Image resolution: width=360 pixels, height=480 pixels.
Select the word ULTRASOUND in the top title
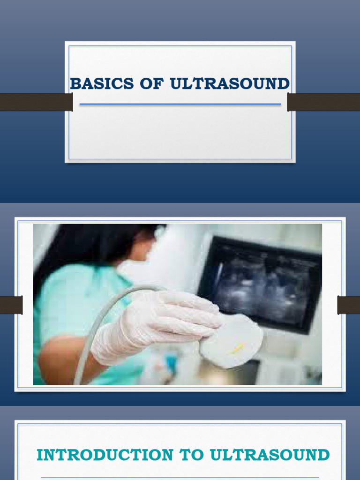pos(230,84)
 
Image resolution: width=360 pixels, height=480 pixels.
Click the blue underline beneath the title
pos(180,104)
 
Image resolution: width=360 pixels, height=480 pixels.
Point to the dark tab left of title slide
pos(36,102)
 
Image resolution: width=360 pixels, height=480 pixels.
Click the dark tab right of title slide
pos(323,102)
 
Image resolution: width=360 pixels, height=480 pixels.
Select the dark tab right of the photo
pos(349,305)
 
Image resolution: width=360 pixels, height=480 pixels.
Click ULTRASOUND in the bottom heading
pos(270,455)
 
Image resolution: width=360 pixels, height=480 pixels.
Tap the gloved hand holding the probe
pos(155,323)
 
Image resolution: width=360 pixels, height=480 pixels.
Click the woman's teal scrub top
pos(75,300)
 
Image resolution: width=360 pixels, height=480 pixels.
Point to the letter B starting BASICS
pos(74,84)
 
